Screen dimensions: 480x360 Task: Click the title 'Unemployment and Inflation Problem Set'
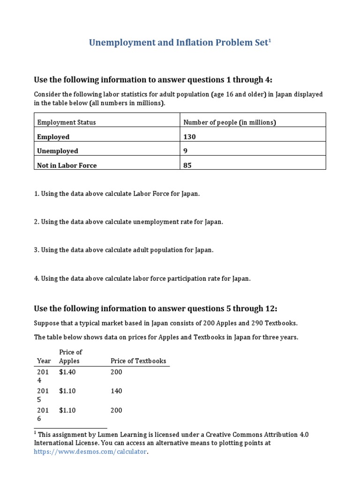[179, 43]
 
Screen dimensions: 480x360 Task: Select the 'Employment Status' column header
[67, 122]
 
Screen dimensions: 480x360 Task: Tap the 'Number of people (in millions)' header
[230, 122]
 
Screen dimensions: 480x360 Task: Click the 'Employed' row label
[53, 137]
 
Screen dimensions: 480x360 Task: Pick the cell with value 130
[190, 137]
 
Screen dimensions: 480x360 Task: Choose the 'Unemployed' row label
[58, 151]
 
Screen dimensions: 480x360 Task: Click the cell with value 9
[186, 151]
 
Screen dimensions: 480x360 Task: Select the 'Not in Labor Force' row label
[67, 165]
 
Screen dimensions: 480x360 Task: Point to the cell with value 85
[187, 165]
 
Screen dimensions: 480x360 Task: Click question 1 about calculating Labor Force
[117, 194]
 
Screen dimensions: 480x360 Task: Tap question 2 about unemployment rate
[128, 222]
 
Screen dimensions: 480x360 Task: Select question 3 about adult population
[124, 250]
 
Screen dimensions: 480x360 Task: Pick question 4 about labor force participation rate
[142, 278]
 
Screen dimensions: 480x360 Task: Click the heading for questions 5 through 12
[156, 308]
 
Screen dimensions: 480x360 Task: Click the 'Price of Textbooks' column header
[138, 361]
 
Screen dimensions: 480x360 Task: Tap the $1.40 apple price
[67, 372]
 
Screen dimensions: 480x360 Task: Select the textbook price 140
[116, 391]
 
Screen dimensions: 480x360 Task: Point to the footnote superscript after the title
[270, 41]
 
